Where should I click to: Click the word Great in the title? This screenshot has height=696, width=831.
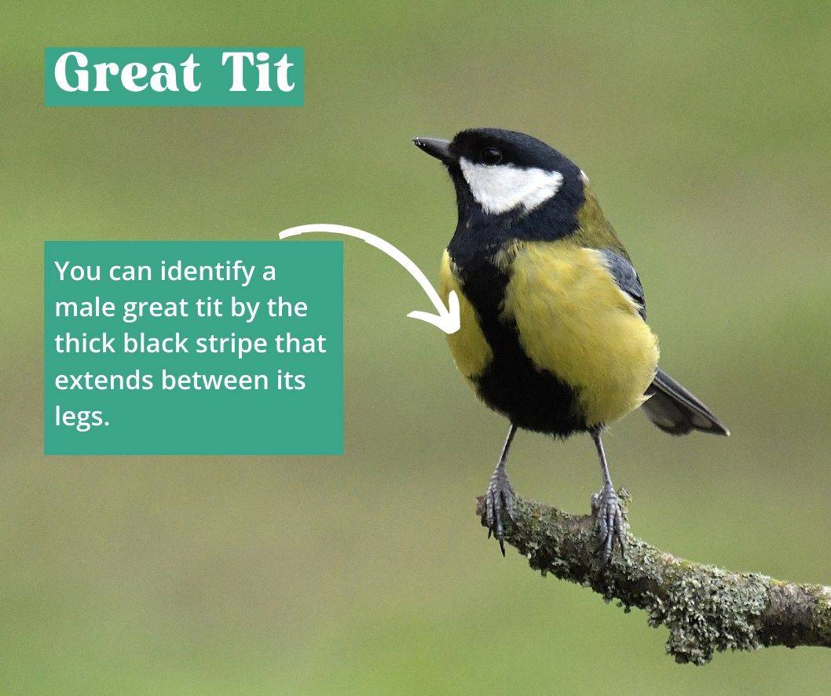point(127,72)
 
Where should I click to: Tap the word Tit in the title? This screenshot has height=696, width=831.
point(258,72)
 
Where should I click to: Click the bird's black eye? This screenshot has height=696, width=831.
point(492,155)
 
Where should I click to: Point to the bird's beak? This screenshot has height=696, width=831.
point(433,148)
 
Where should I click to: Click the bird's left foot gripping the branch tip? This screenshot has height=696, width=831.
point(498,505)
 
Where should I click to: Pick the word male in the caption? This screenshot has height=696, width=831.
point(85,308)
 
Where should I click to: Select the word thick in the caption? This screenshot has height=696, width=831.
point(85,344)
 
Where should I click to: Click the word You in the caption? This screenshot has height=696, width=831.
point(79,271)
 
